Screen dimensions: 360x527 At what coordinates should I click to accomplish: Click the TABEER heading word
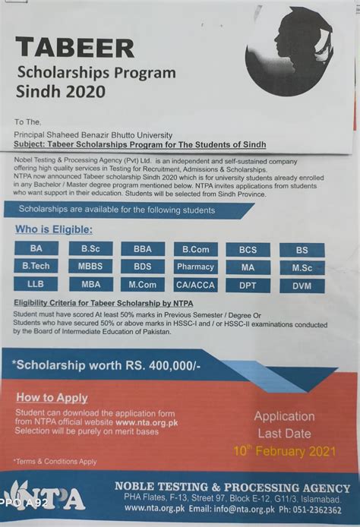(74, 48)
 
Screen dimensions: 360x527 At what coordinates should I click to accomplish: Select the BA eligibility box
(36, 249)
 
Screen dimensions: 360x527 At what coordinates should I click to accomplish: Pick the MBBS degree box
(90, 267)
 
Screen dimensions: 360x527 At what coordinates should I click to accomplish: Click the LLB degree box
(35, 284)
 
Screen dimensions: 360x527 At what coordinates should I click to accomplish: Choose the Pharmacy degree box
(195, 267)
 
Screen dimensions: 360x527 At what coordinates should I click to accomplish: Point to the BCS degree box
(248, 250)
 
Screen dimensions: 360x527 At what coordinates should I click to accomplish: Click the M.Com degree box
(143, 285)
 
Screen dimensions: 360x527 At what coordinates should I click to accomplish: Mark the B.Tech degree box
(36, 267)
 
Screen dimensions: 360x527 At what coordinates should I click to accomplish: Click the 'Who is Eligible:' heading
(53, 229)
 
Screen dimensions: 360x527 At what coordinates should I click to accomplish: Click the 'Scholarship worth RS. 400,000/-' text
(106, 366)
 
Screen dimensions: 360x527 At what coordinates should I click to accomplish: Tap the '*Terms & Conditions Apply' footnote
(56, 460)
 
